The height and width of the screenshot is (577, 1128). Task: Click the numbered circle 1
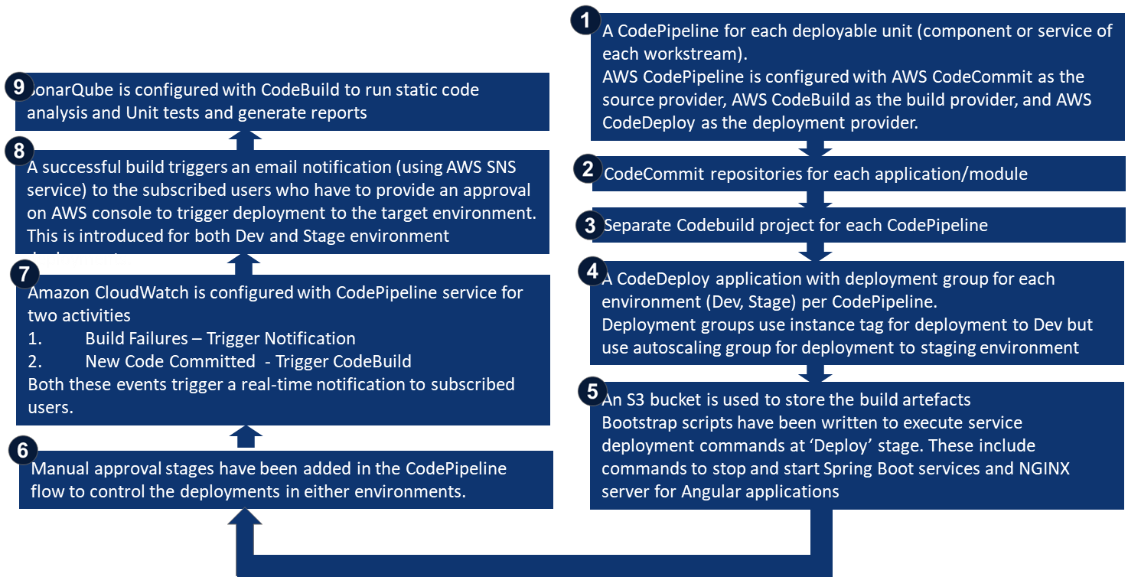tap(586, 21)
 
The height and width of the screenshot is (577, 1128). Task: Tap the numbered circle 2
tap(587, 169)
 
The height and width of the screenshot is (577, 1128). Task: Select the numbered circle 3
tap(589, 225)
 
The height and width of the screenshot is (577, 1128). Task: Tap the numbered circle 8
tap(19, 151)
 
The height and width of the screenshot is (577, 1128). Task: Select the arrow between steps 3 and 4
tap(814, 250)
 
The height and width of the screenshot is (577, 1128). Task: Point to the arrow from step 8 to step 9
tap(245, 140)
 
